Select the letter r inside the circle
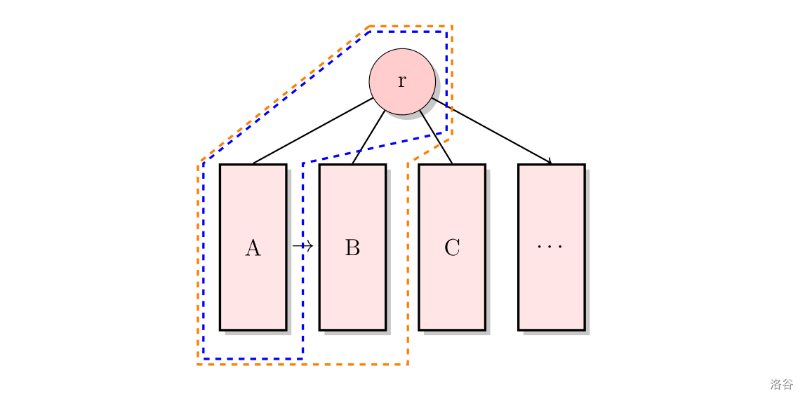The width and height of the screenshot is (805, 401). click(402, 81)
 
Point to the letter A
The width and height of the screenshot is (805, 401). click(253, 247)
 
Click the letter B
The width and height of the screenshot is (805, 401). click(352, 247)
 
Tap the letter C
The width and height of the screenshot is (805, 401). click(452, 247)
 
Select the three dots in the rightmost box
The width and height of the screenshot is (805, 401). click(550, 247)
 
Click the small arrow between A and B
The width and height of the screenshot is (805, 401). click(302, 246)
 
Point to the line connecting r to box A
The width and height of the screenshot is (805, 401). click(312, 131)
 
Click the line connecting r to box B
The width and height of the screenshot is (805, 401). click(368, 137)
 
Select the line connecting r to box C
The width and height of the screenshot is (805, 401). click(437, 137)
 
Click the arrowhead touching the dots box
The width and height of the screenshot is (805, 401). click(550, 162)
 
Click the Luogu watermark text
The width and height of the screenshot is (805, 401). click(781, 384)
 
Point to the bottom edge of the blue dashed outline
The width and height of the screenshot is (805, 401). click(253, 358)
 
